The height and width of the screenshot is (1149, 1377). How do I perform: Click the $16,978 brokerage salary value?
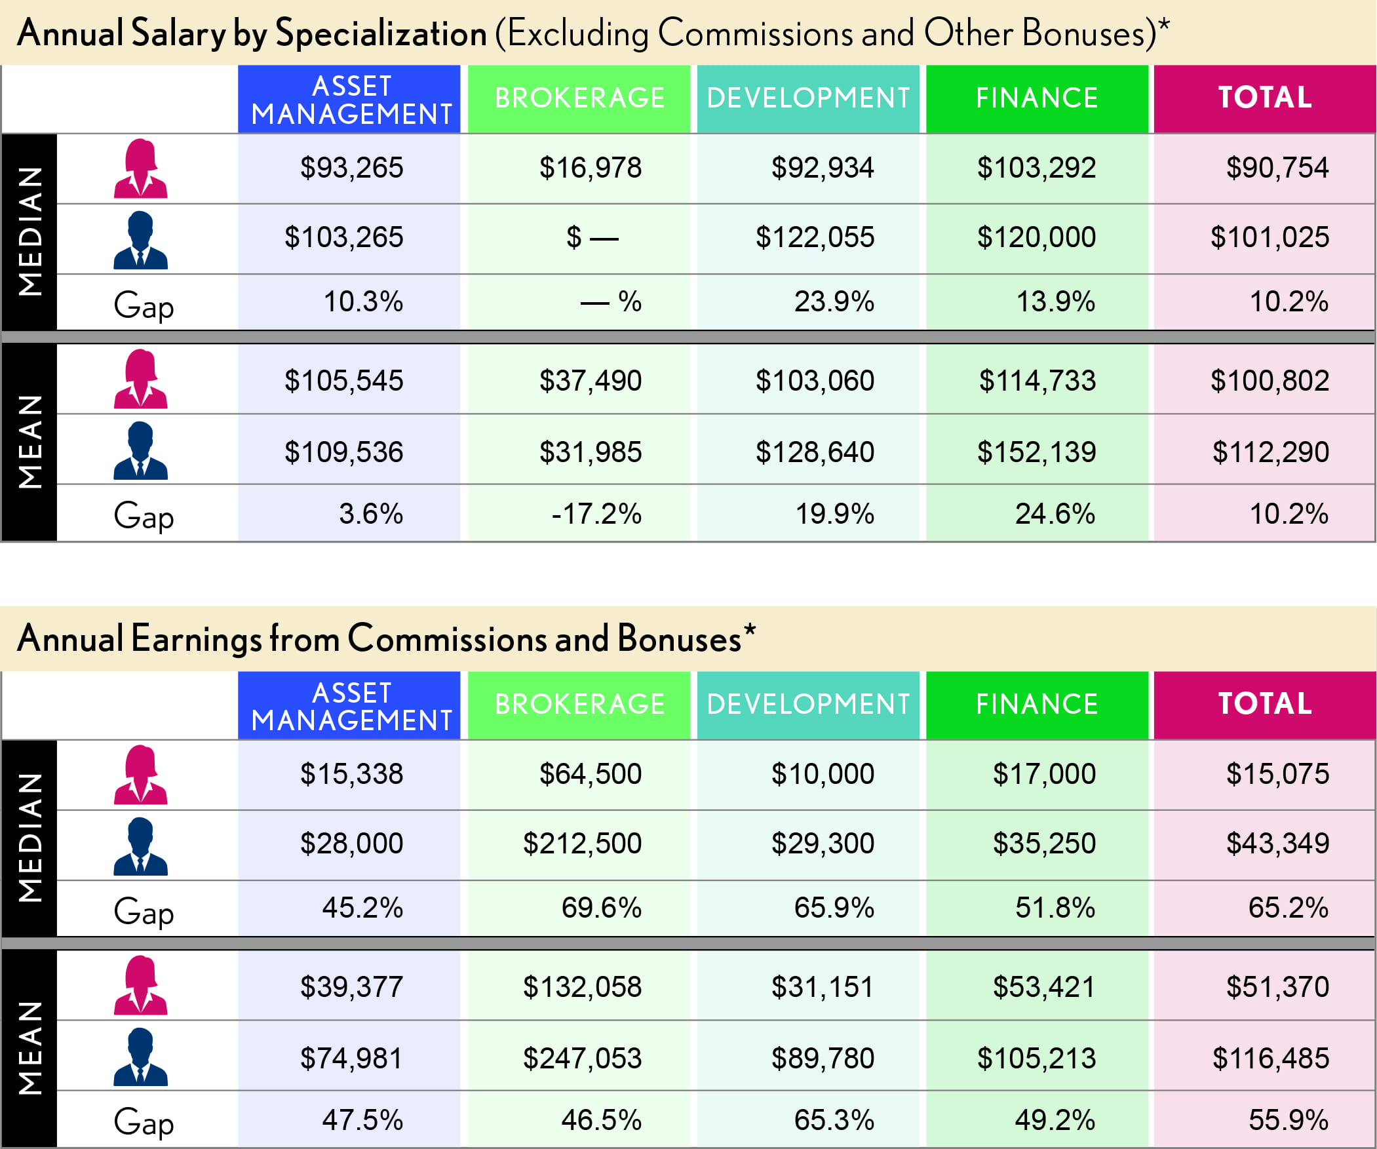coord(590,168)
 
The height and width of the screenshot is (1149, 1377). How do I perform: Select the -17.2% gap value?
coord(596,514)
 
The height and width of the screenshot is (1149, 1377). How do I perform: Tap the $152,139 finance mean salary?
coord(1036,452)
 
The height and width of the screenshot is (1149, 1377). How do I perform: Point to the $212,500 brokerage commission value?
coord(581,844)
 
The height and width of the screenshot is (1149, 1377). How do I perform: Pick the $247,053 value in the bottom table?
coord(581,1059)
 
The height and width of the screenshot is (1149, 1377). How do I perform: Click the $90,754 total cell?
coord(1277,168)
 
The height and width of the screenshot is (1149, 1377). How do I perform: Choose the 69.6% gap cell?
coord(600,908)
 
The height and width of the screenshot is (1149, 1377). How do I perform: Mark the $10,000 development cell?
coord(823,775)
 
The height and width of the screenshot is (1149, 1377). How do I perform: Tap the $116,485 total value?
coord(1270,1059)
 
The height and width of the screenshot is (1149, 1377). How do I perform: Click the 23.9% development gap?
coord(834,302)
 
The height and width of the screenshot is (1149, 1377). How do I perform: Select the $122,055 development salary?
coord(815,237)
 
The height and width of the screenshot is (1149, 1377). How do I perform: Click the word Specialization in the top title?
coord(381,34)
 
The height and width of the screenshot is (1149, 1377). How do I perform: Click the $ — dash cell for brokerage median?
coord(592,237)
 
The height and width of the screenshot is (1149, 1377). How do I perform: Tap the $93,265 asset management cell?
coord(351,168)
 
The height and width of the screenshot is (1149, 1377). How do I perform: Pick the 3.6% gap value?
coord(370,514)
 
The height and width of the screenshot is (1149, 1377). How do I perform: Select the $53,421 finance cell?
coord(1044,988)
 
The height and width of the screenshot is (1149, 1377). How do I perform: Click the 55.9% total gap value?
coord(1288,1120)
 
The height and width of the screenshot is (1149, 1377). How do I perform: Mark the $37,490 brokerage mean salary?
coord(590,381)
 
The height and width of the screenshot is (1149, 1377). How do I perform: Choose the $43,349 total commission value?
coord(1277,844)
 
